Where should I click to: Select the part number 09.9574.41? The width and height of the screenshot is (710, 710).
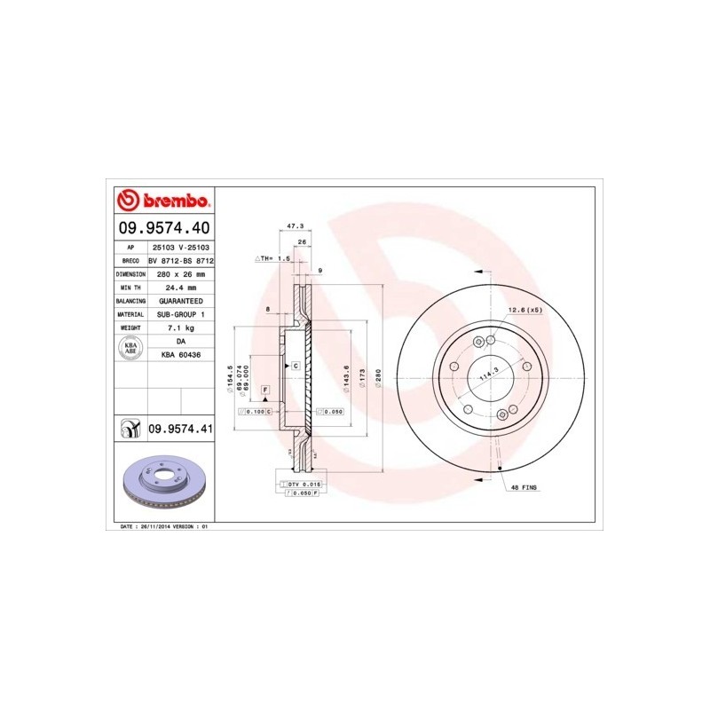[180, 430]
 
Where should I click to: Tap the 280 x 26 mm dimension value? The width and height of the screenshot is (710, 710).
[181, 274]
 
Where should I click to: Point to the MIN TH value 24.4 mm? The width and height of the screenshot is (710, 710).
[181, 288]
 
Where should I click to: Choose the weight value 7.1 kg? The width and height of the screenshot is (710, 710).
[181, 327]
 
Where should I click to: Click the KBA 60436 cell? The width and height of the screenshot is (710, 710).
[181, 354]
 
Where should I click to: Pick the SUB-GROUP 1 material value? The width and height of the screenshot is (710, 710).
[181, 314]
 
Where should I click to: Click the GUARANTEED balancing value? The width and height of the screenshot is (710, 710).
[181, 301]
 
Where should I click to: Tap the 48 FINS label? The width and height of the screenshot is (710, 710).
[524, 488]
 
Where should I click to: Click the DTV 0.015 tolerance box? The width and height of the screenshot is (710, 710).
[301, 484]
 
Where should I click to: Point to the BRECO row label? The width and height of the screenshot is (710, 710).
[130, 261]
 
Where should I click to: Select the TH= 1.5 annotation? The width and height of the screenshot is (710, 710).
[274, 258]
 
